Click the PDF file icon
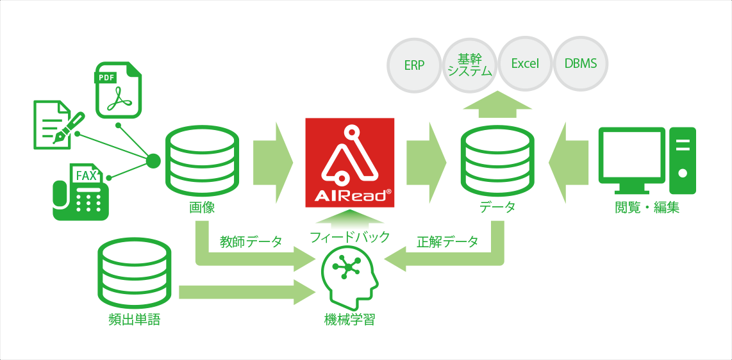(119, 90)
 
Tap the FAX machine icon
(81, 192)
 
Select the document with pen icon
(57, 124)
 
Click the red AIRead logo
(350, 162)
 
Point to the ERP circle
(414, 65)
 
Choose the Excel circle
(525, 65)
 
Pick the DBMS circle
(580, 65)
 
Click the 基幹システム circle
(470, 65)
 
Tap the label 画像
(202, 207)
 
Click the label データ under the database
(497, 207)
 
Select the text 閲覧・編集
(647, 208)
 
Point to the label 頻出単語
(134, 320)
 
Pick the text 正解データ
(447, 241)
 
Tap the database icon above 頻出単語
(135, 274)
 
